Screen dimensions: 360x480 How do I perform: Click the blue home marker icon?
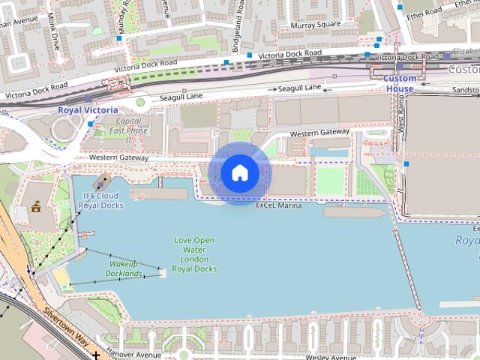[x=238, y=173]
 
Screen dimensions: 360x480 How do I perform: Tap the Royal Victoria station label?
[x=88, y=110]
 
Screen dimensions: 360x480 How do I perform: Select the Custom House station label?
[x=399, y=83]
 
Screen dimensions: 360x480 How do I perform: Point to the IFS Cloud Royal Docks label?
[x=100, y=200]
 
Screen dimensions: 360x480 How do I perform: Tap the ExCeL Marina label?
[x=278, y=205]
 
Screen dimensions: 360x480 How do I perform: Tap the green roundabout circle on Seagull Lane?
[x=140, y=102]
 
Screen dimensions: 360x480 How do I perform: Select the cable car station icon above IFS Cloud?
[x=101, y=182]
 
